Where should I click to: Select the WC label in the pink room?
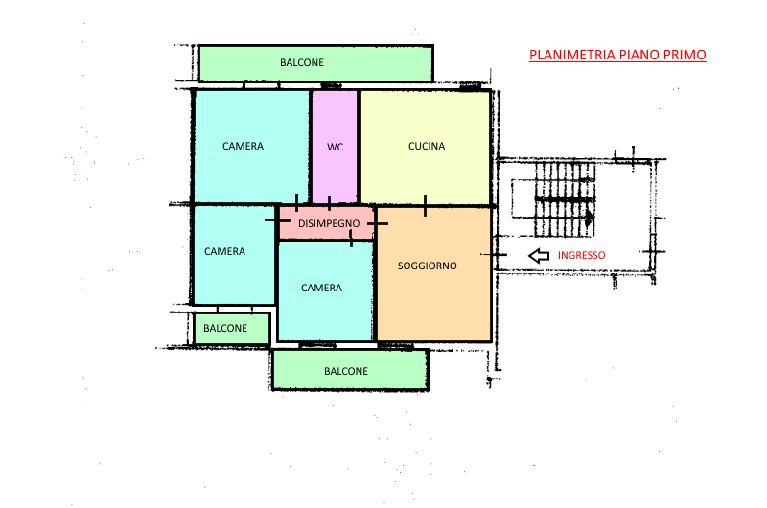[x=335, y=147]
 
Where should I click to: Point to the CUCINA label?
[x=427, y=146]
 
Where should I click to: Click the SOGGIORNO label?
[x=427, y=266]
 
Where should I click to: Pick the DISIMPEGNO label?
[x=329, y=223]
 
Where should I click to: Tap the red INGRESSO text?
[x=582, y=255]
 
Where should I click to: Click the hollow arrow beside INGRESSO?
[x=539, y=255]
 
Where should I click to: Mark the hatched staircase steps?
[x=565, y=199]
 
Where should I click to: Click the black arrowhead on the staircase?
[x=590, y=216]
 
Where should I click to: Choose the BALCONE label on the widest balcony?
[x=302, y=62]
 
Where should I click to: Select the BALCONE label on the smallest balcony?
[x=225, y=328]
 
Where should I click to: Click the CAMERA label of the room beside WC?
[x=243, y=146]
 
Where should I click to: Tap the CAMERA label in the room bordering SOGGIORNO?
[x=321, y=288]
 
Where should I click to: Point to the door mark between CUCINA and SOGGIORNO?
[x=425, y=205]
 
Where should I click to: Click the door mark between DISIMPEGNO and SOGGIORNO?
[x=377, y=223]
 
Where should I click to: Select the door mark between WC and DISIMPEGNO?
[x=329, y=203]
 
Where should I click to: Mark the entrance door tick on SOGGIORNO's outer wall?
[x=494, y=255]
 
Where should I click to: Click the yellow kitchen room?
[x=426, y=148]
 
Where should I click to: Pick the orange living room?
[x=434, y=274]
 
